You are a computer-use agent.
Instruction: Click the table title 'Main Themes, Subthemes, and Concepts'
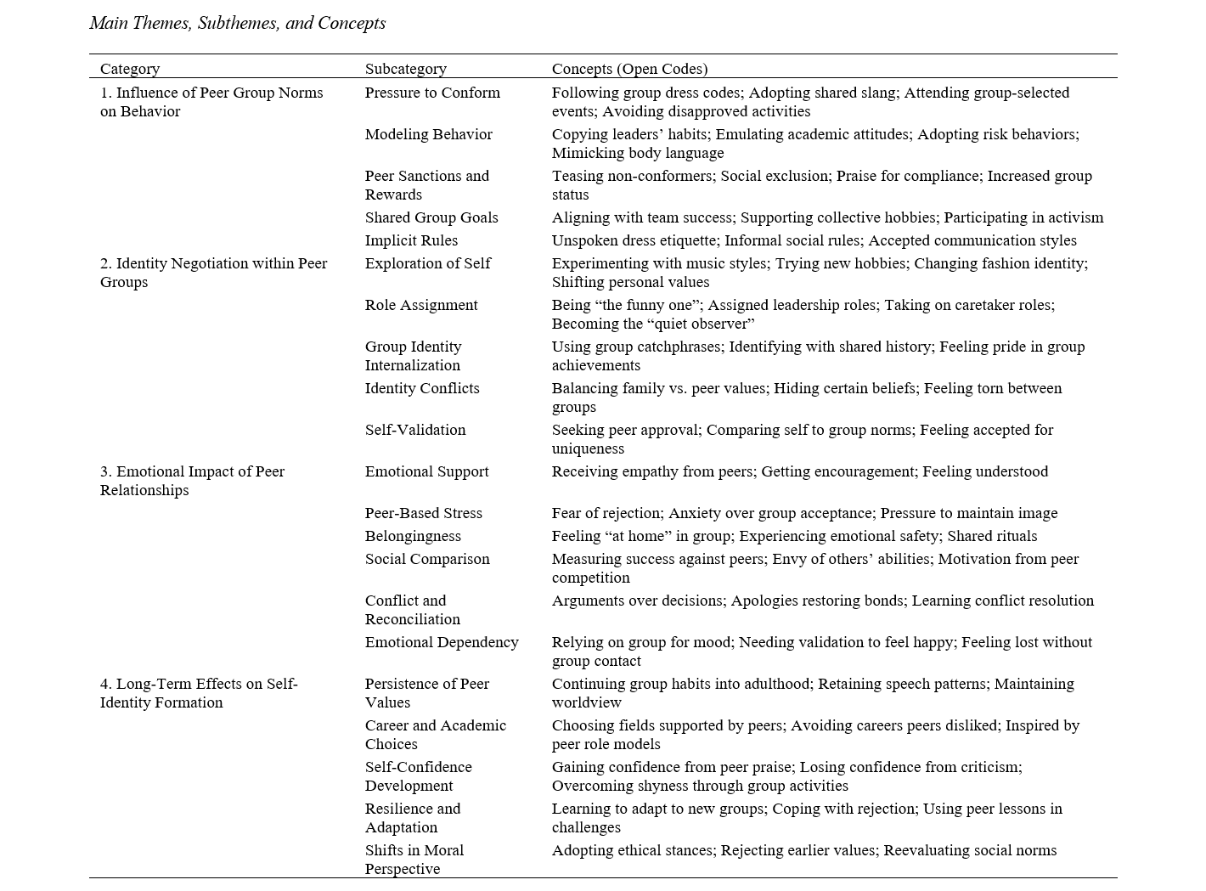237,23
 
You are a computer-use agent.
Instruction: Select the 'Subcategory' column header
405,69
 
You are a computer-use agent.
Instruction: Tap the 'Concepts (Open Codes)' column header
629,69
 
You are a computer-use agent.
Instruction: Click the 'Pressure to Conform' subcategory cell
432,93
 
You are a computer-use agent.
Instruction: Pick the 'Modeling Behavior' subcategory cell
428,134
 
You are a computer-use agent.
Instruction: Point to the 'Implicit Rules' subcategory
411,240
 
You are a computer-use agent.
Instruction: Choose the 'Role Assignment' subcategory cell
421,305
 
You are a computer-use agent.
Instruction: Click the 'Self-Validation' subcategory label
415,430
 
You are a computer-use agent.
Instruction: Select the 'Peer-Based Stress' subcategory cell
423,513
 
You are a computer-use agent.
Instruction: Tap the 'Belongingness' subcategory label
413,536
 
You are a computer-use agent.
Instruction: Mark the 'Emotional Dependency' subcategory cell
442,642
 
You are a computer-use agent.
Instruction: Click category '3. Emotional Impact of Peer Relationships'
192,481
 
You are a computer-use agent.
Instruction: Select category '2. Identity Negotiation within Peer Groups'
213,273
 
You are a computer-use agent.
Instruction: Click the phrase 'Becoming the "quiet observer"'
653,324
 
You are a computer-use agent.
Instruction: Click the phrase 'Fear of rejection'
606,513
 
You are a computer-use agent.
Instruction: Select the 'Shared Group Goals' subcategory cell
431,217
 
